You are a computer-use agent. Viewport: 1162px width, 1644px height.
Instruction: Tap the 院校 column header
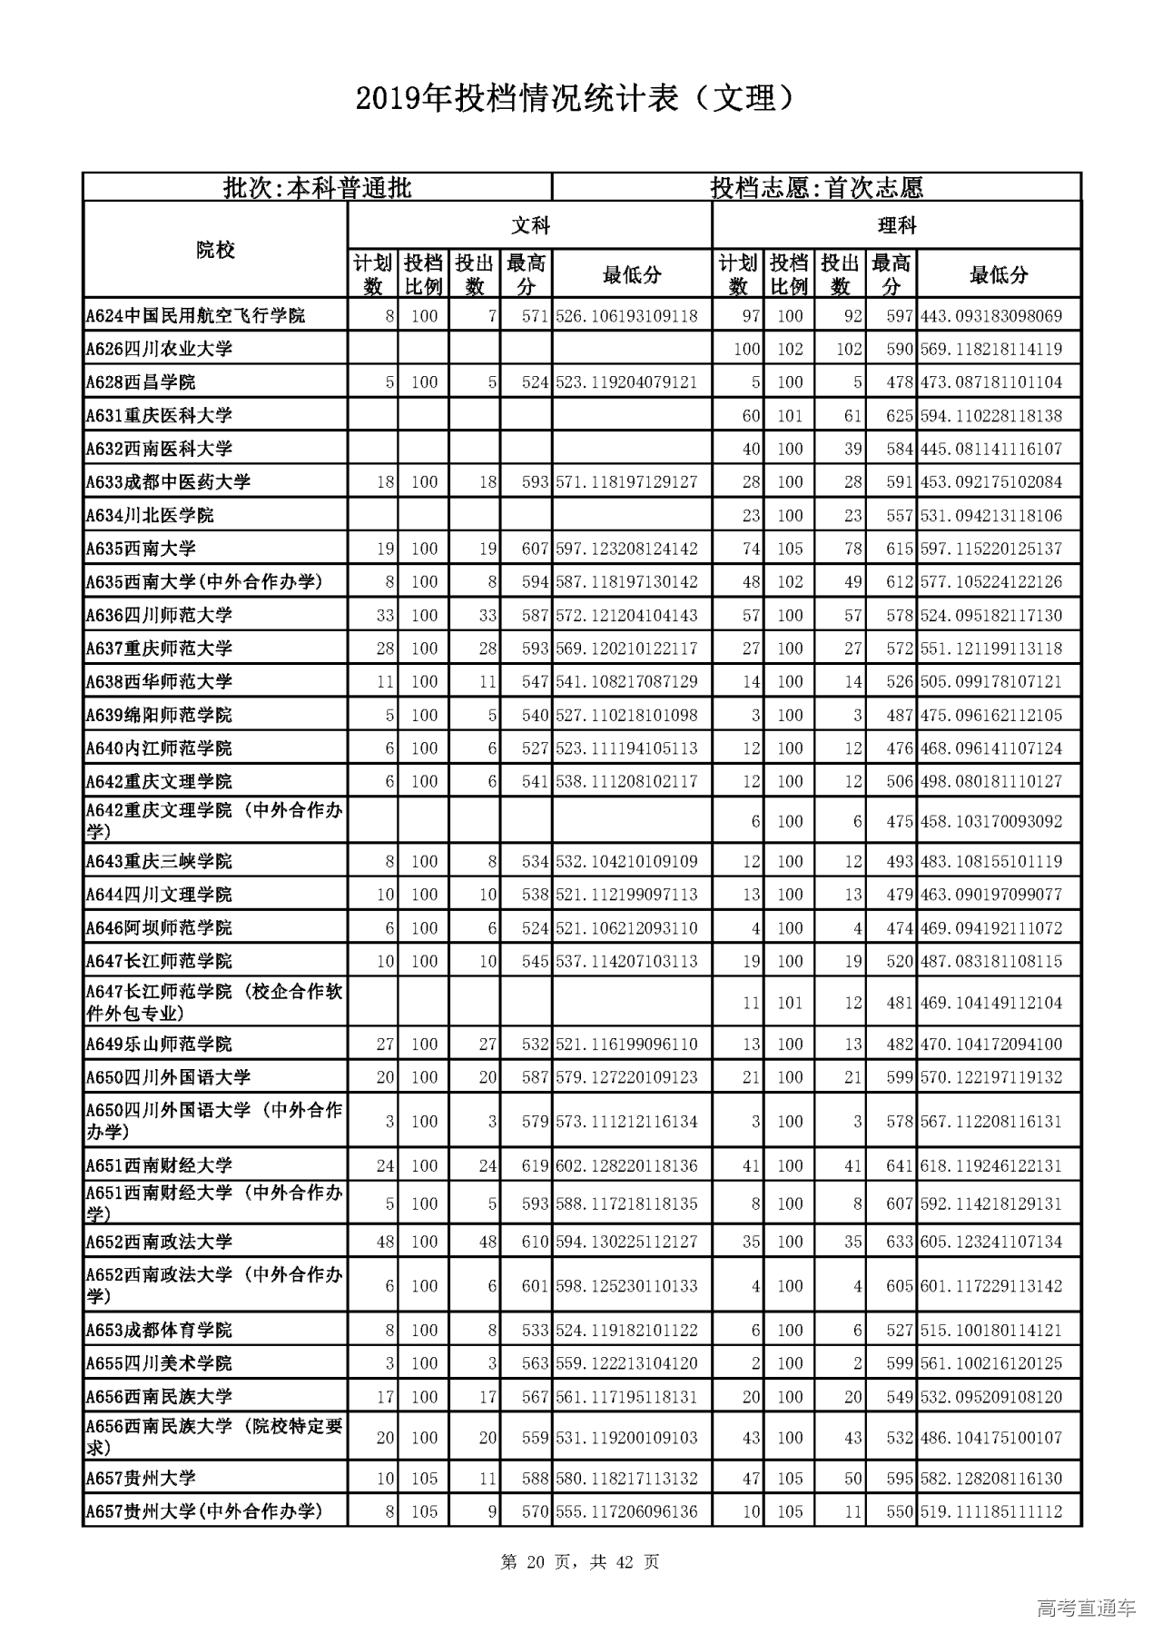click(x=215, y=250)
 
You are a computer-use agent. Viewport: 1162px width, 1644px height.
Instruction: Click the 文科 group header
click(x=530, y=225)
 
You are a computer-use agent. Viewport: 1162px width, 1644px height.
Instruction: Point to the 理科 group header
click(x=896, y=225)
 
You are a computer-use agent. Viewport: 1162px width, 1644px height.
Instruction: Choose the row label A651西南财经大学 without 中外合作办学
click(x=159, y=1165)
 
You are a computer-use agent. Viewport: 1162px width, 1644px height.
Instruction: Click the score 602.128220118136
click(x=626, y=1165)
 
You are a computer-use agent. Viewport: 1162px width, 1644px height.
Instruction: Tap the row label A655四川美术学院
click(x=159, y=1363)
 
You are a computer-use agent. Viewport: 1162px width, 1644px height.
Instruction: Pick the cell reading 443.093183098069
click(x=991, y=316)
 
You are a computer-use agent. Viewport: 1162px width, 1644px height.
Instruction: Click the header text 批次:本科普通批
click(x=318, y=188)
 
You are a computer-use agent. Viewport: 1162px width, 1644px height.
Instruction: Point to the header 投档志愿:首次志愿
click(x=816, y=188)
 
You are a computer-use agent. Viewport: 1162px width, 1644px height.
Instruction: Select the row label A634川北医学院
click(x=150, y=516)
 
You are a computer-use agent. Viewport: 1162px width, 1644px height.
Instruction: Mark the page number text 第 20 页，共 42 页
click(x=580, y=1562)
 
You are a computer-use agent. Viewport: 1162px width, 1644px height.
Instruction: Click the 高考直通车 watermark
click(x=1086, y=1609)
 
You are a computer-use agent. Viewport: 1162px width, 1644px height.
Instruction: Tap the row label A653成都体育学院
click(x=159, y=1331)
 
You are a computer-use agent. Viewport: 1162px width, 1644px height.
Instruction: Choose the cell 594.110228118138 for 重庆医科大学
click(x=991, y=416)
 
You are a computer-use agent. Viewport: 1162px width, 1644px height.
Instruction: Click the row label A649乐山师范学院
click(x=159, y=1045)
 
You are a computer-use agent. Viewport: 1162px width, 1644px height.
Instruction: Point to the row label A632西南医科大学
click(x=159, y=449)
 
